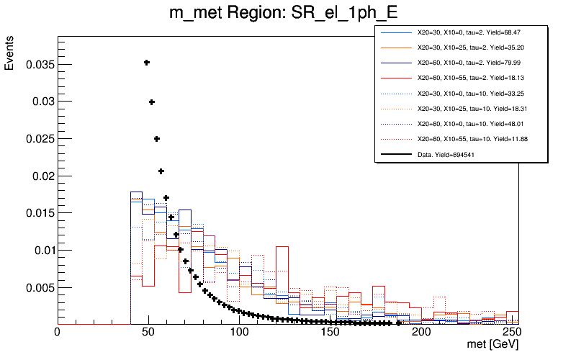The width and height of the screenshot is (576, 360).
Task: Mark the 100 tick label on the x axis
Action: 240,333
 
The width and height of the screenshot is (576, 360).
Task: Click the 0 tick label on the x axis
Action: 58,333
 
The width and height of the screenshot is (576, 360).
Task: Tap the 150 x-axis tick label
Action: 330,333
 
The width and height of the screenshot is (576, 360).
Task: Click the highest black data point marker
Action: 147,63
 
